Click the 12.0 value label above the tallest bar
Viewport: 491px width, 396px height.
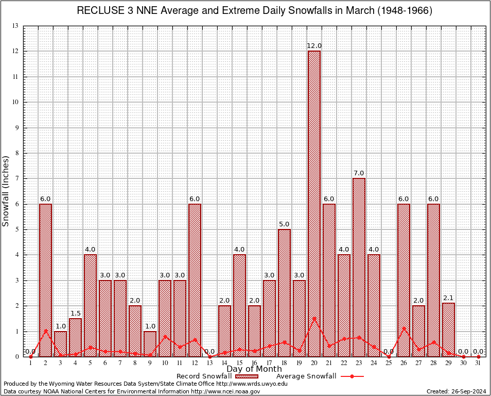point(314,46)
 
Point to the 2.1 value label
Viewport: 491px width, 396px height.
point(448,298)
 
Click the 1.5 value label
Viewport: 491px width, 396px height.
point(75,313)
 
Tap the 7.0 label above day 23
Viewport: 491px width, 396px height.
point(359,173)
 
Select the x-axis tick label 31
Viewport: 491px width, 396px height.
point(479,363)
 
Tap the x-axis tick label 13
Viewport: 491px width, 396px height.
point(209,363)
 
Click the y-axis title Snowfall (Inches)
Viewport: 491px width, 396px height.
point(6,191)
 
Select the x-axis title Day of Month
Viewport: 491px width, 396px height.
point(254,369)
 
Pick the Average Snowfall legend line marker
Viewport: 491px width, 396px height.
point(352,376)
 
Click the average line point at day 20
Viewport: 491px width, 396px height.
point(314,319)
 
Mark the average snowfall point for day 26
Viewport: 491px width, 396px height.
point(404,328)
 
